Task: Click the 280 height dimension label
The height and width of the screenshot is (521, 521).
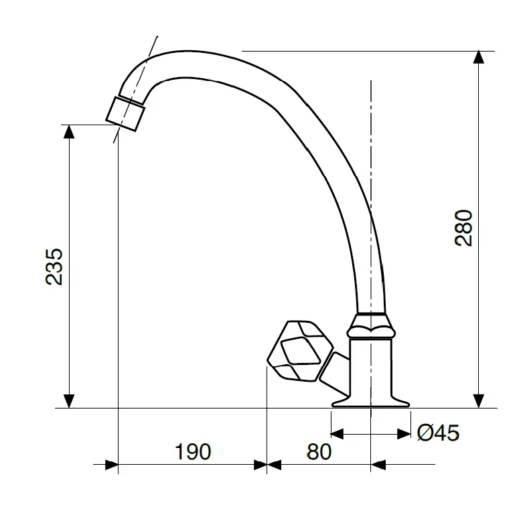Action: pos(464,228)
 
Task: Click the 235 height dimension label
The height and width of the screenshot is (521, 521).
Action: pos(54,267)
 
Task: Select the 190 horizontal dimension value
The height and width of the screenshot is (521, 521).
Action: pos(193,451)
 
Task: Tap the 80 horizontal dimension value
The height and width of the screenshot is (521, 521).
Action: pos(319,451)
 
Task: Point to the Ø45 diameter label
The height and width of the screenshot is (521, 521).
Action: pos(438,433)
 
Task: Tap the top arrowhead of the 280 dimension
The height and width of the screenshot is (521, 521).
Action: pos(479,57)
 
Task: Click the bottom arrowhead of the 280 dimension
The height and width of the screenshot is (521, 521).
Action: pos(479,400)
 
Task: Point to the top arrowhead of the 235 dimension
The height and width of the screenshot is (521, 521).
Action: pos(68,131)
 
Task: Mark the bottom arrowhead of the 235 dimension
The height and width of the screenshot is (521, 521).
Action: pos(68,400)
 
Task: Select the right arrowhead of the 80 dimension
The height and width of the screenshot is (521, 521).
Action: pos(378,463)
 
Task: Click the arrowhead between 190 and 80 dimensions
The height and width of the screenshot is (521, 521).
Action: pos(267,463)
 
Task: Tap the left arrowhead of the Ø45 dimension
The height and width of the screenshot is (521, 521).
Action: pos(338,434)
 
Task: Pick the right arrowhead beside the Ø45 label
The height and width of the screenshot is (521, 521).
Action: pos(403,434)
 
